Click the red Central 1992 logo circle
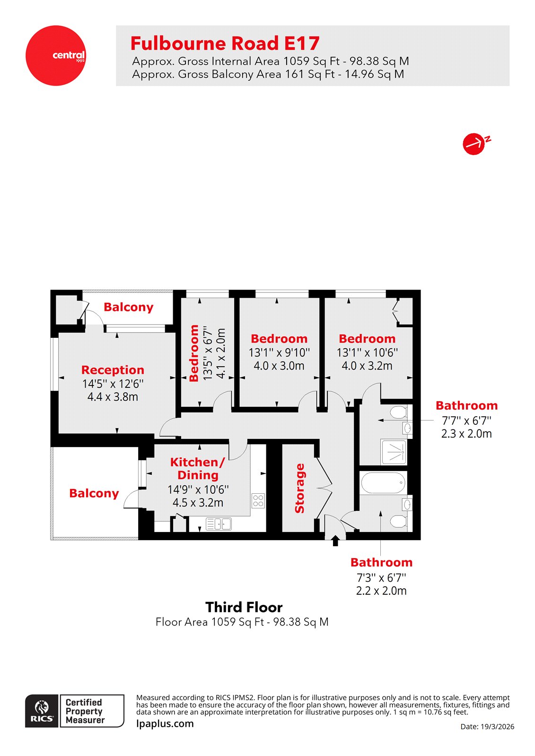56,56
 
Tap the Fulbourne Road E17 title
225,43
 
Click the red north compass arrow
474,144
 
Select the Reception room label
113,370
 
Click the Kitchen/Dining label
197,468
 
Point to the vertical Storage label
299,488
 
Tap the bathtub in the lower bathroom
383,483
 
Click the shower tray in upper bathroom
394,452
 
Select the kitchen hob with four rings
258,500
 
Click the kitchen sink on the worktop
219,524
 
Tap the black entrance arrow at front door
335,540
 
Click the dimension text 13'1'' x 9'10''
279,352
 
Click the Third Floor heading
244,607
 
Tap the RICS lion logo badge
42,710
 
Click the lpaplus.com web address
165,723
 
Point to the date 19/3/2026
487,727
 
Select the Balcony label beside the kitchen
94,493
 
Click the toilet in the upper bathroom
398,412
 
